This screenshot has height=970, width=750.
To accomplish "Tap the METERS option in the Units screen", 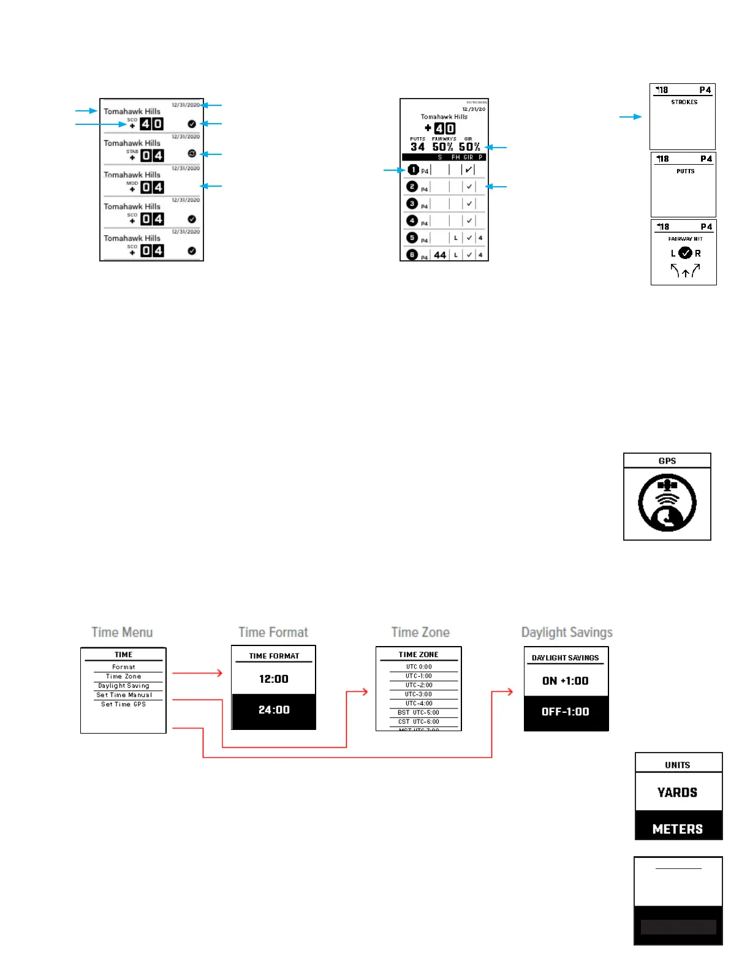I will pos(678,829).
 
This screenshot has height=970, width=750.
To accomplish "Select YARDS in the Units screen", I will pos(678,792).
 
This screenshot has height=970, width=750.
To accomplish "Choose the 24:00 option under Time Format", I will pos(274,710).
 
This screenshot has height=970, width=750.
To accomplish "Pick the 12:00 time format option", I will pos(274,679).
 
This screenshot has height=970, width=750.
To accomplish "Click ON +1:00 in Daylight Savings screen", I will pos(566,681).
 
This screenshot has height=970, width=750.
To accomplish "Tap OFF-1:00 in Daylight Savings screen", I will pos(566,712).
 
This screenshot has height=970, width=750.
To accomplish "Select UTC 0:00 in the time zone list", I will pos(419,667).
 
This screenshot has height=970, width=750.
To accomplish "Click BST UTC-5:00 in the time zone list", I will pos(419,713).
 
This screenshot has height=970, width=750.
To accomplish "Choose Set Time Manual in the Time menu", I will pos(124,695).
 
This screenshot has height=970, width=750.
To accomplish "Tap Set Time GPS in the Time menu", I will pos(124,704).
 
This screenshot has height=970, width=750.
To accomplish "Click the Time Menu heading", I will pos(122,633).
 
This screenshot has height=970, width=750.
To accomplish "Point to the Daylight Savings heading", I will pos(567,633).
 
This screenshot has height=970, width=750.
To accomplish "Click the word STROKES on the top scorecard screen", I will pos(684,102).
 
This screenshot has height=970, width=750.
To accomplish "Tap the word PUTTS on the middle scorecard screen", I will pos(686,171).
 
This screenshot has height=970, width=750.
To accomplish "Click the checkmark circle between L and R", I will pos(686,253).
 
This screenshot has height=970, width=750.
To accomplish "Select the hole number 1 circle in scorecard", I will pos(414,170).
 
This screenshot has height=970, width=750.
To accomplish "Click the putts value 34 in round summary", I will pos(418,147).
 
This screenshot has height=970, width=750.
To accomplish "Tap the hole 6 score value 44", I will pos(440,255).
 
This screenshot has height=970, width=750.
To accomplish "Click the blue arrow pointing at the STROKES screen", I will pos(631,116).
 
